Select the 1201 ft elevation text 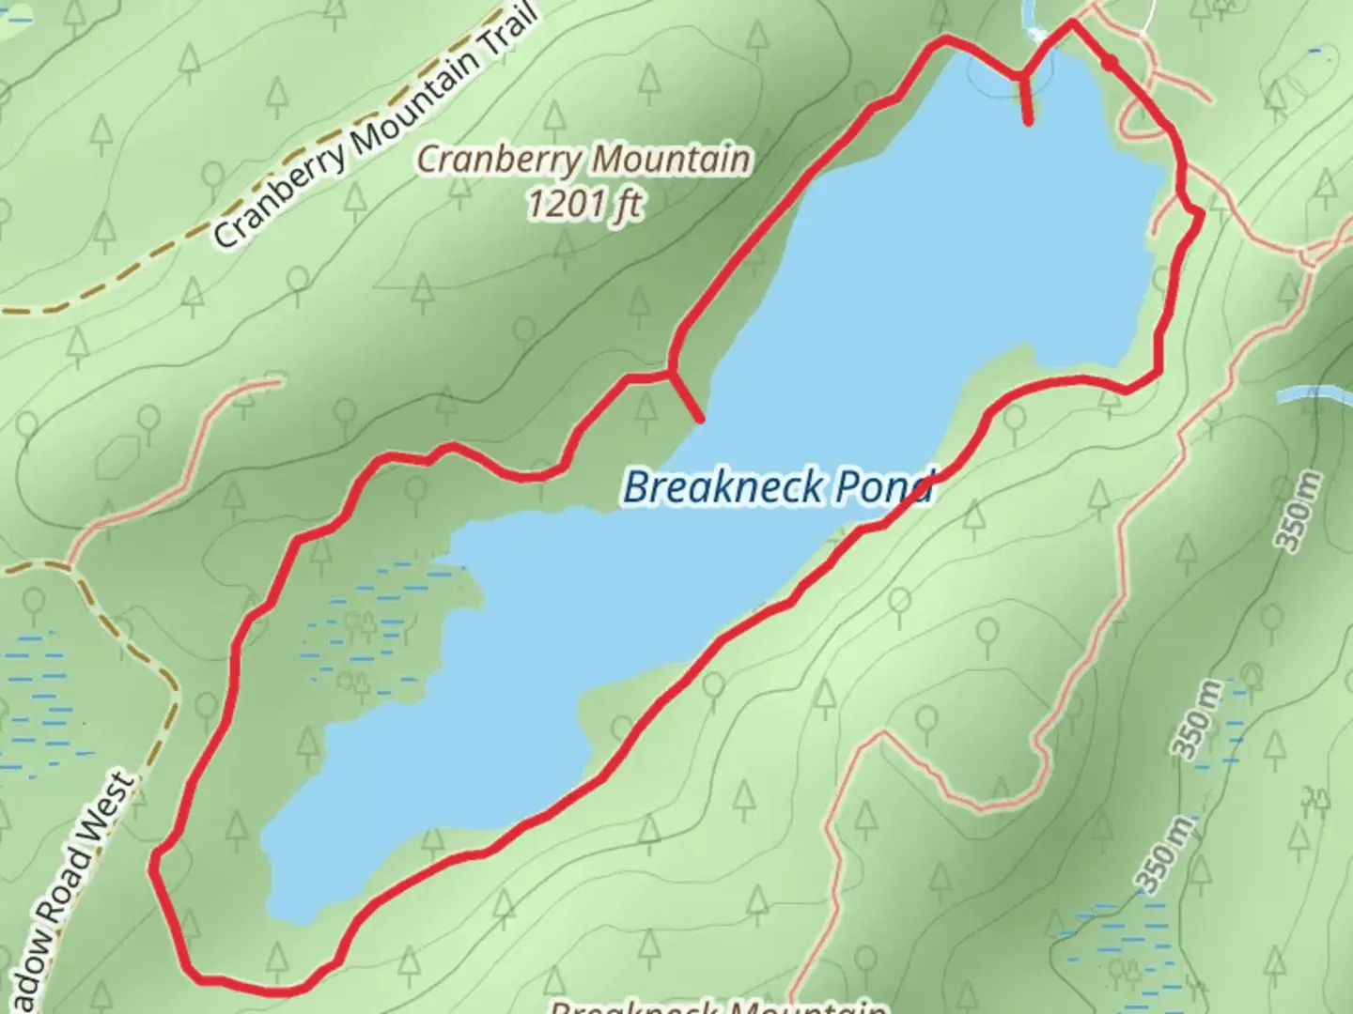point(584,203)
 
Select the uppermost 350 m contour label point(1299,513)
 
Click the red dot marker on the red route point(1110,64)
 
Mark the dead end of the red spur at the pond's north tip point(1030,122)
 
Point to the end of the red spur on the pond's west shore point(700,418)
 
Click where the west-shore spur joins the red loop point(671,372)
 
